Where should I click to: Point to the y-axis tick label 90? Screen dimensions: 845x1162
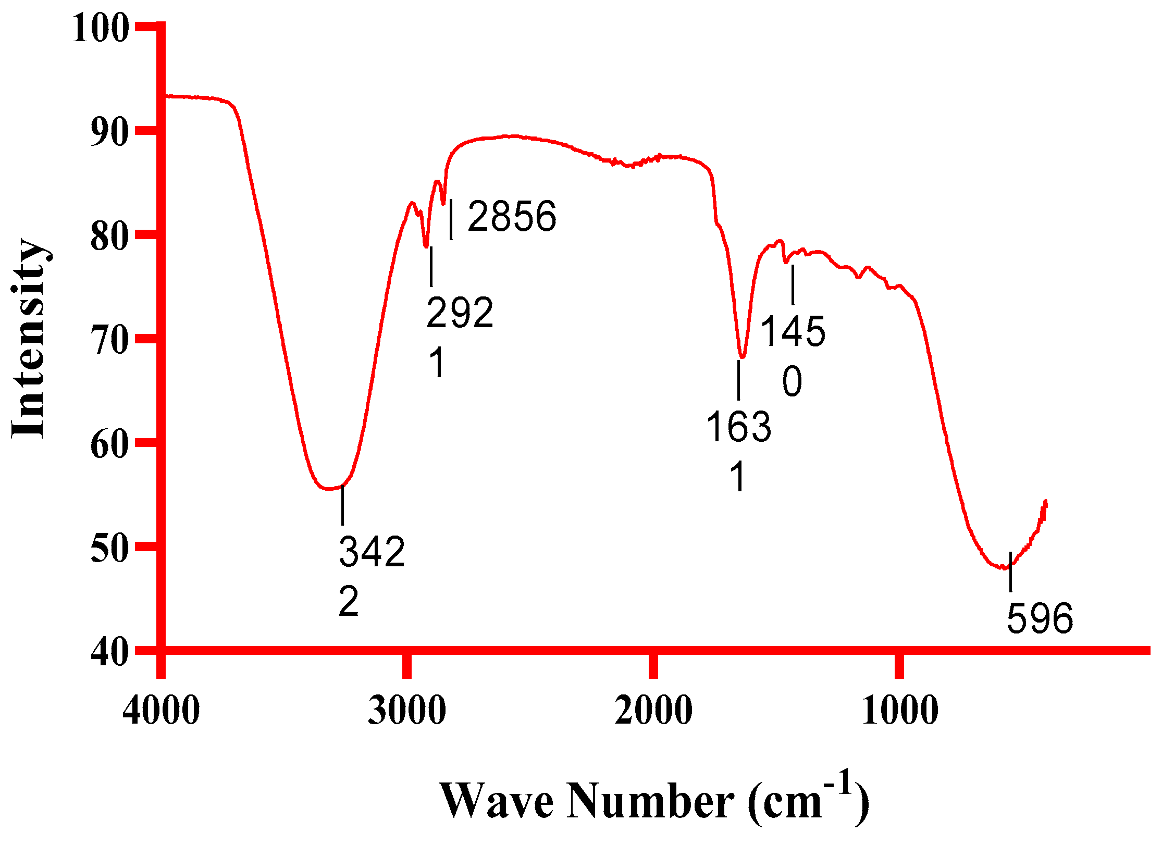pos(109,132)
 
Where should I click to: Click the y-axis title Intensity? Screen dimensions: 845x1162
pos(30,339)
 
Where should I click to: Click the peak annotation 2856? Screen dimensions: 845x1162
pos(512,216)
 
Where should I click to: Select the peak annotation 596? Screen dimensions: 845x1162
pos(1040,618)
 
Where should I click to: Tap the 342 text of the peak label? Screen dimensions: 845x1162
pos(372,551)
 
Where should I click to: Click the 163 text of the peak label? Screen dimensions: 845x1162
pos(738,427)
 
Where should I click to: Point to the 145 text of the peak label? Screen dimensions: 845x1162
pos(793,331)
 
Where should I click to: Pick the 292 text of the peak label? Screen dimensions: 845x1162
pos(460,313)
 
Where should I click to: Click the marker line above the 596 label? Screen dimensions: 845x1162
pos(1010,571)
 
